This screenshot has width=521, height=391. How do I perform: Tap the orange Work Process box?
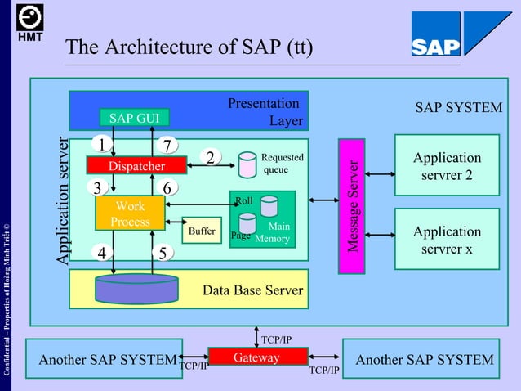(x=130, y=214)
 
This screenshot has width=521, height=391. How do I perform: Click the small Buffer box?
(x=202, y=231)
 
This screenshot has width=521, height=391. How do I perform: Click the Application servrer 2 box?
(x=447, y=167)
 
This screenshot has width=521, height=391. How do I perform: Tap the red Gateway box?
(x=257, y=357)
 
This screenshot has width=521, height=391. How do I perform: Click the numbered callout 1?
(x=101, y=145)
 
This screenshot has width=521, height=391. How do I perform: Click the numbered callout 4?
(x=102, y=254)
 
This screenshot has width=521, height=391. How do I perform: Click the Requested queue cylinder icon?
(x=247, y=164)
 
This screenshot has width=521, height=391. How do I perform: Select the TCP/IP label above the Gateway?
(x=276, y=339)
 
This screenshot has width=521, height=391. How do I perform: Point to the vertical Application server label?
(x=64, y=200)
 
